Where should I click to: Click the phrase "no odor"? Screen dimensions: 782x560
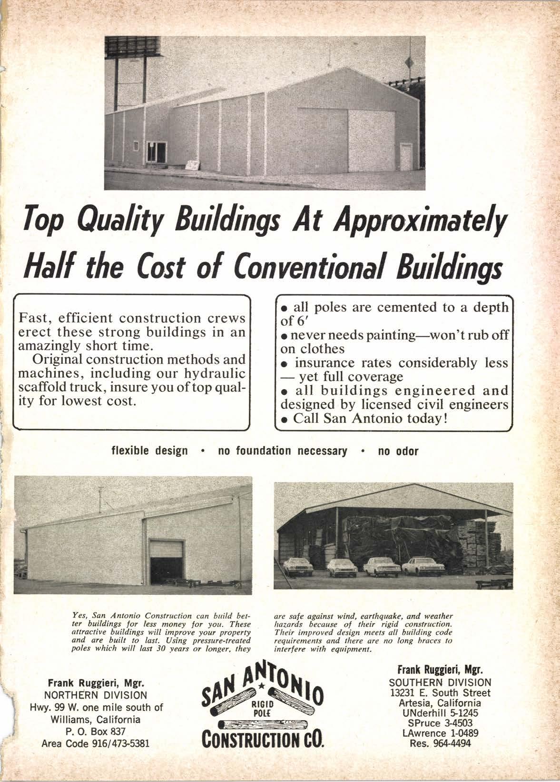pyautogui.click(x=398, y=451)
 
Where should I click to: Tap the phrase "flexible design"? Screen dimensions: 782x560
pyautogui.click(x=149, y=451)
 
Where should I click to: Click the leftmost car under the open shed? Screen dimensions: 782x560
pyautogui.click(x=298, y=567)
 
